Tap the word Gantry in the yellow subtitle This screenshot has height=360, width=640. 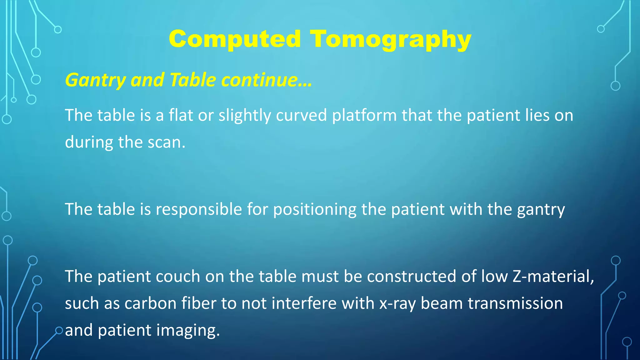point(95,80)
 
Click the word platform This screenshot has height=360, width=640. point(364,116)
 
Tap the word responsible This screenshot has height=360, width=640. point(199,209)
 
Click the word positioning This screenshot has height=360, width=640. point(314,210)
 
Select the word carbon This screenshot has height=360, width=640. point(150,303)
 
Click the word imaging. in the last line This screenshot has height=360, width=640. point(188,331)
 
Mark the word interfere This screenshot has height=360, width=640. point(304,303)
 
